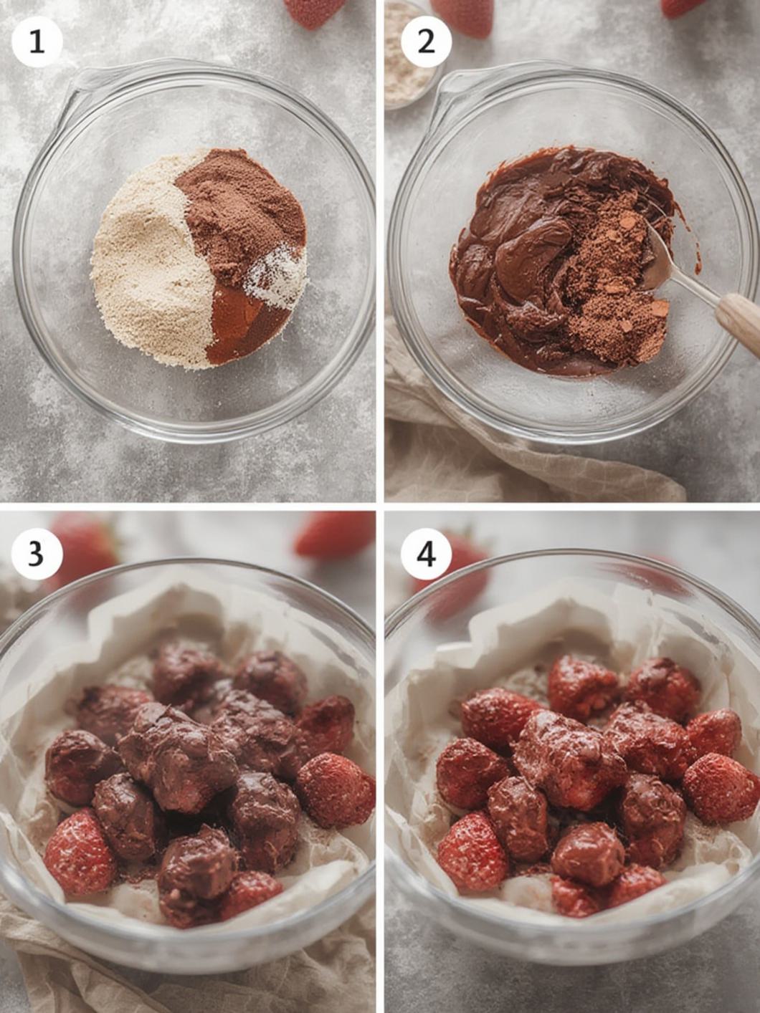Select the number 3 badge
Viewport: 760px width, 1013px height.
click(37, 553)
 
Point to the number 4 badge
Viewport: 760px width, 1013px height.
click(426, 553)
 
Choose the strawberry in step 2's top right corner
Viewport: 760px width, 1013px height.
click(681, 7)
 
